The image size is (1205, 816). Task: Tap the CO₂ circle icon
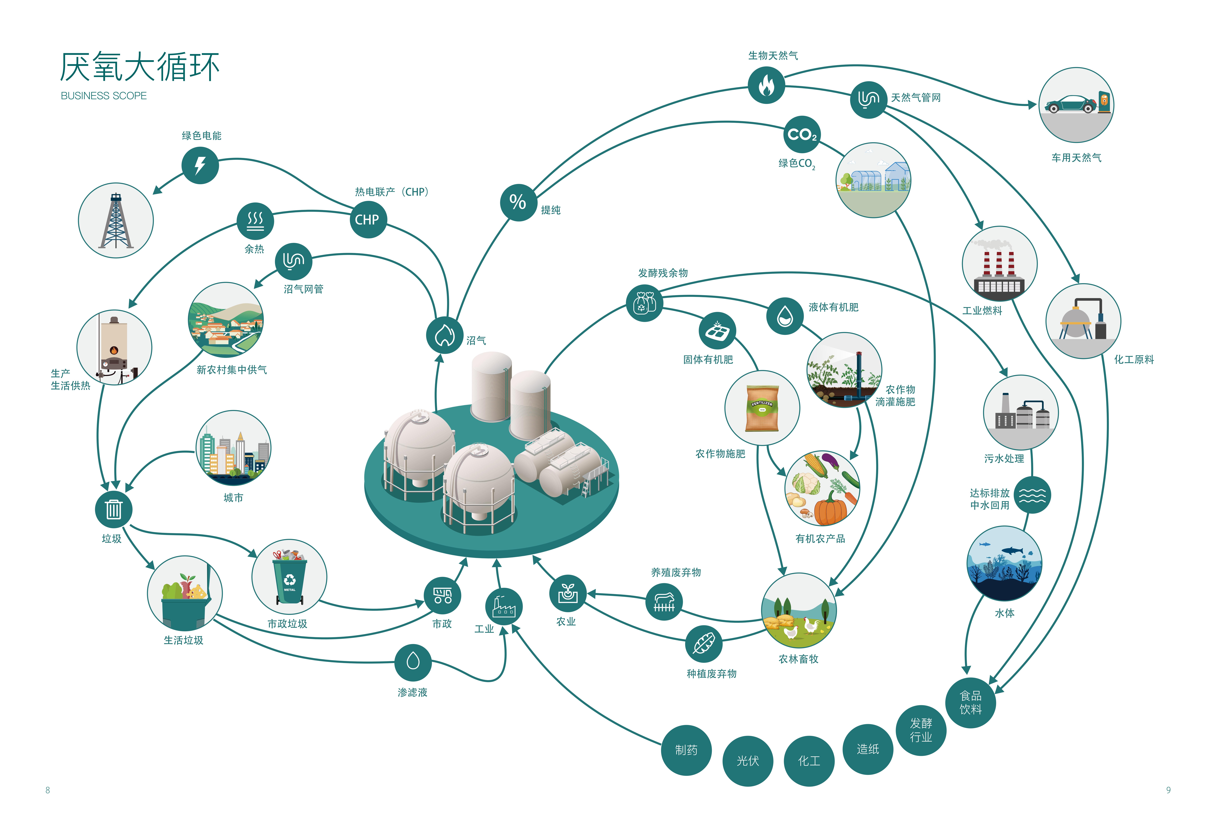click(802, 134)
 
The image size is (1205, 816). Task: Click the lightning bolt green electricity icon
click(200, 166)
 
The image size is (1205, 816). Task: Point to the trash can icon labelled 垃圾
click(114, 509)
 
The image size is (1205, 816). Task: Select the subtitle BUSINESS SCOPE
click(104, 96)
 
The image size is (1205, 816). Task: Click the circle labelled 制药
click(686, 750)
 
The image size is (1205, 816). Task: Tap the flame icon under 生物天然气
click(766, 85)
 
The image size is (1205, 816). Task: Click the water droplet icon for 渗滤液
click(413, 662)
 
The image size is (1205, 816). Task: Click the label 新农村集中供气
click(232, 369)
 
